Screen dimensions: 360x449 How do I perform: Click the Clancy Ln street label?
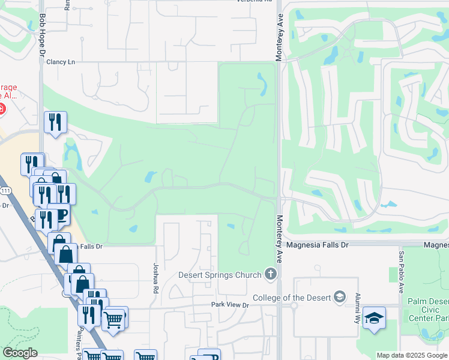62,62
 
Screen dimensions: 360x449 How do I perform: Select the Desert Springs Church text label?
220,275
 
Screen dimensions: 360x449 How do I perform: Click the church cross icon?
271,275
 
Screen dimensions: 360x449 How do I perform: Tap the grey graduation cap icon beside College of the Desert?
340,297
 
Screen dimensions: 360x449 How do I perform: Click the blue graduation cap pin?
374,318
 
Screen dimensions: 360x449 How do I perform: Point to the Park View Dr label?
229,305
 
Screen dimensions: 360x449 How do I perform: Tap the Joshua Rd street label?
155,274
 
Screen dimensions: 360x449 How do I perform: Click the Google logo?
20,353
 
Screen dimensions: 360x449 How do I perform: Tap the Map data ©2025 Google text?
411,355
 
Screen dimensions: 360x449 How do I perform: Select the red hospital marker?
2,109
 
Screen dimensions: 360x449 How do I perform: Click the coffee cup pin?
59,215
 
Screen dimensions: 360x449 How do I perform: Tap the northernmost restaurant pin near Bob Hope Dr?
55,123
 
